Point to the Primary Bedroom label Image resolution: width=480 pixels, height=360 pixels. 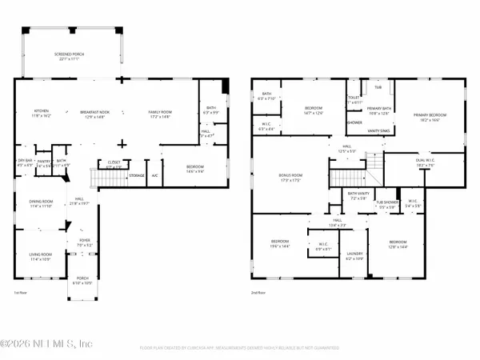[x=428, y=117]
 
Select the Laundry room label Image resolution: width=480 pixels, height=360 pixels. [x=353, y=256]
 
